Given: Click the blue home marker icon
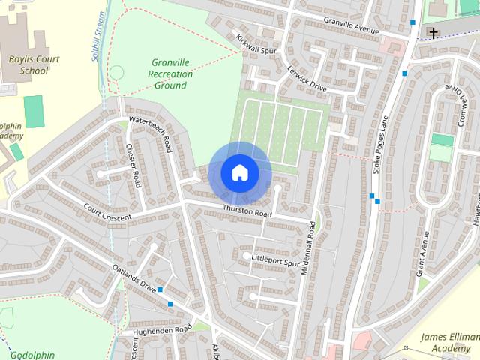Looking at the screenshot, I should point(239,172).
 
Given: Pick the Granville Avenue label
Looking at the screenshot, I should point(352,22).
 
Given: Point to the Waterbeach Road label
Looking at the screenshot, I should point(151,133).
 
